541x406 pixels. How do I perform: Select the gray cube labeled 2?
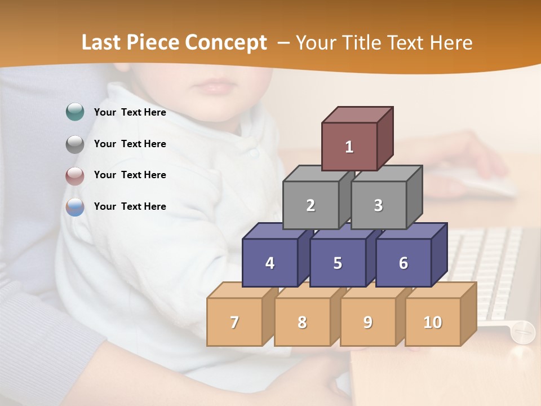311,205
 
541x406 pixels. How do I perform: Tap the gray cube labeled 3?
378,205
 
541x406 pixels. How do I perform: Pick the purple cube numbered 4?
270,263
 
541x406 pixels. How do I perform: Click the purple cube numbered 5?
338,263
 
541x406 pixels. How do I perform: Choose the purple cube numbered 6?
403,263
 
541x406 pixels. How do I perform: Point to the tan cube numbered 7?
234,322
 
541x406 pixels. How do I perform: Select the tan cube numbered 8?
302,322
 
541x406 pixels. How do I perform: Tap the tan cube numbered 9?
368,322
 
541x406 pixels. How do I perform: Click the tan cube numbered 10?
433,322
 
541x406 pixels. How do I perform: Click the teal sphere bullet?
75,112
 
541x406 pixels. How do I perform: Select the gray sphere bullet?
75,144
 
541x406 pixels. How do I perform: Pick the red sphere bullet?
75,175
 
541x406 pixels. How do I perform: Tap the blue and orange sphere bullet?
75,207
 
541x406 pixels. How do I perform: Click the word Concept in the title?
226,43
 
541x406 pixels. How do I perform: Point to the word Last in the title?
103,43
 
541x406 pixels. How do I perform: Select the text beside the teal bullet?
130,112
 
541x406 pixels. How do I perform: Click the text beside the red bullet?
130,175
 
